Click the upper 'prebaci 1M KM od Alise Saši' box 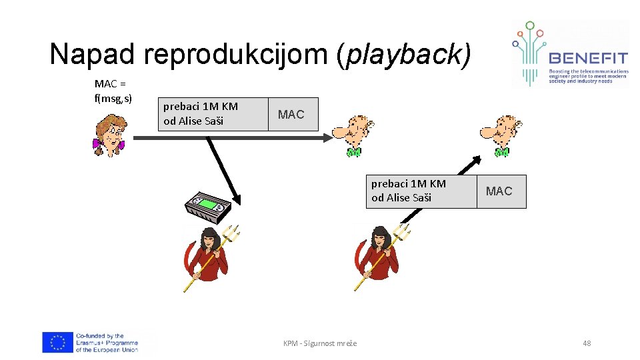[212, 114]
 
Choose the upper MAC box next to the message [291, 114]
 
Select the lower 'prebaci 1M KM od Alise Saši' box [421, 191]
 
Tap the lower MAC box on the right [500, 191]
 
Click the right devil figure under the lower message [380, 256]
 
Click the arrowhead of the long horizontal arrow [327, 137]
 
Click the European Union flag [57, 343]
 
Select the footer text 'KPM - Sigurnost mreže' [320, 343]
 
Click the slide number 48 [587, 343]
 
